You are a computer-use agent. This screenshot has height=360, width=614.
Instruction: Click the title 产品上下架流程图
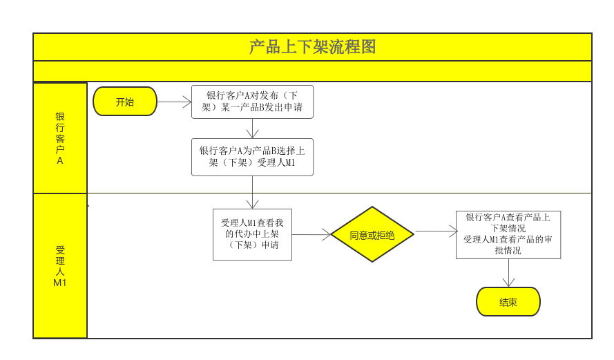click(x=312, y=47)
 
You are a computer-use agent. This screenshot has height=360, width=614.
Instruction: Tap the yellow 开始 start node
click(x=125, y=102)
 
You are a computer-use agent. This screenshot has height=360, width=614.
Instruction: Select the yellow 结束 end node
click(x=508, y=302)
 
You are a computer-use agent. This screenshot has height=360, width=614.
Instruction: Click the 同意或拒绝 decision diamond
click(x=372, y=234)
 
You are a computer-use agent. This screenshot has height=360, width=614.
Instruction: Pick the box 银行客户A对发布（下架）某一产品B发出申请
click(x=252, y=102)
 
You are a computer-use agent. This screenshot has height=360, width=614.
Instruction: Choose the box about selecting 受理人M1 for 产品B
click(x=252, y=157)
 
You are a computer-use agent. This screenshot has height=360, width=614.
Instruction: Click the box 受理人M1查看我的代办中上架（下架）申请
click(x=252, y=234)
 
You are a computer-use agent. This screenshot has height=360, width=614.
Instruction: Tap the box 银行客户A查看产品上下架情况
click(x=508, y=222)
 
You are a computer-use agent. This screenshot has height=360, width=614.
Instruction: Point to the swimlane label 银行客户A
click(x=60, y=138)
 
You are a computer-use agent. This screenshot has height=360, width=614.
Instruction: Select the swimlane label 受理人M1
click(x=60, y=266)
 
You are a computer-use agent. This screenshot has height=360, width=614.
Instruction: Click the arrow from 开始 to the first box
click(x=174, y=102)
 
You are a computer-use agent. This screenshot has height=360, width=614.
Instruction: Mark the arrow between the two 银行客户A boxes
click(x=252, y=129)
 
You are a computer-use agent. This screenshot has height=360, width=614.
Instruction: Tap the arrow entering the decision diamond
click(x=311, y=234)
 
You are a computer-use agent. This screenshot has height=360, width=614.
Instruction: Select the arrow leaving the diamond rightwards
click(x=435, y=231)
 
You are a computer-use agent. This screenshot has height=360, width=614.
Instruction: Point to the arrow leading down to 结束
click(x=509, y=273)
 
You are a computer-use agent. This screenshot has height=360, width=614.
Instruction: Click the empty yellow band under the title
click(x=312, y=71)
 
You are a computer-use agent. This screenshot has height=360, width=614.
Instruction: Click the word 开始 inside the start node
click(x=125, y=102)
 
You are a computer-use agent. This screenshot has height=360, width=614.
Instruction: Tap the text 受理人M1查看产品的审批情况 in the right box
click(x=508, y=245)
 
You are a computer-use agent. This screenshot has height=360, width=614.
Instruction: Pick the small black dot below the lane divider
click(x=88, y=205)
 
